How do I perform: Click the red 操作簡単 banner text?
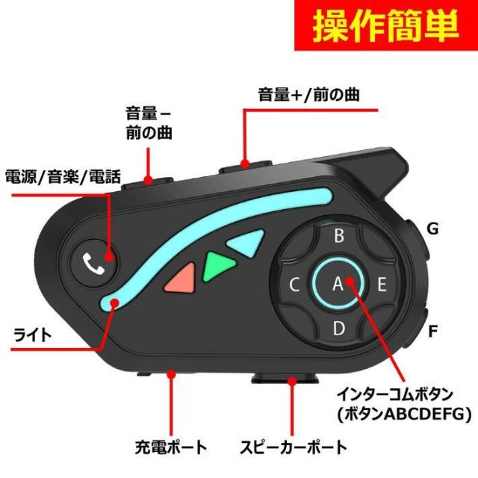(385, 25)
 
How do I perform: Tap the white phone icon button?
(93, 263)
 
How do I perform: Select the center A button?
(338, 284)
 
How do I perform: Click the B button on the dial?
(338, 235)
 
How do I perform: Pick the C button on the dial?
(294, 285)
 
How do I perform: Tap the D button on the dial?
(338, 329)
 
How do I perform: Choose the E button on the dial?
(382, 284)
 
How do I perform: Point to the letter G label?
(433, 229)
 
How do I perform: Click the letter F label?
(433, 332)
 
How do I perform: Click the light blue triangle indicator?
(247, 243)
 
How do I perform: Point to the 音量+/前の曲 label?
(308, 95)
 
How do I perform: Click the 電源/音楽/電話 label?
(63, 177)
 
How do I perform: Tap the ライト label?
(32, 335)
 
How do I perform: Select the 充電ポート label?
(171, 447)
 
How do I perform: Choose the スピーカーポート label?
(294, 447)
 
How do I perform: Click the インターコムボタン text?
(395, 394)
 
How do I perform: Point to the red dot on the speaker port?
(292, 381)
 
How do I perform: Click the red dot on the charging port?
(172, 373)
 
